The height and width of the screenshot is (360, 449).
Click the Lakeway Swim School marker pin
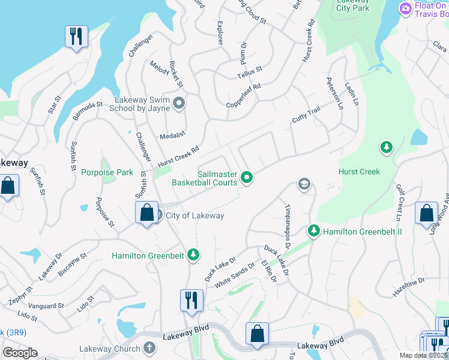(x=178, y=104)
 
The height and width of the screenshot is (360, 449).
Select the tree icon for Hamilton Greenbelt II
(x=313, y=231)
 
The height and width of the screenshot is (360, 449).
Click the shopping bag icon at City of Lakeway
(x=146, y=214)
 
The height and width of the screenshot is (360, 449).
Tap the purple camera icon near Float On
(x=405, y=8)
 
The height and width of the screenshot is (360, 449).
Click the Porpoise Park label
(x=107, y=173)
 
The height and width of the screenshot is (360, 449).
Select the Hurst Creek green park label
(x=359, y=172)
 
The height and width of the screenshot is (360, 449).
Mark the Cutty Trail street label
(x=306, y=113)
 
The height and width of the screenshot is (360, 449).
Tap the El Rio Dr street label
(x=268, y=271)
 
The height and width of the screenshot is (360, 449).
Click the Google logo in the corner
(x=20, y=353)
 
